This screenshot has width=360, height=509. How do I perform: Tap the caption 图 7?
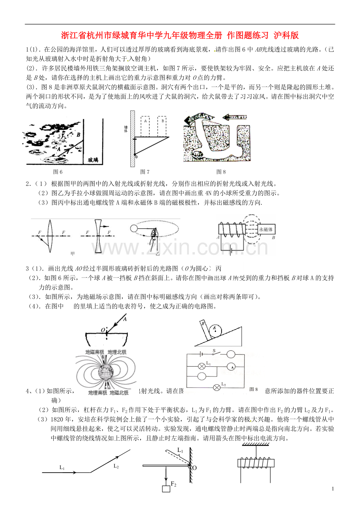click(x=145, y=171)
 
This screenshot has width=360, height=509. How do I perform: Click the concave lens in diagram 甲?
click(x=98, y=236)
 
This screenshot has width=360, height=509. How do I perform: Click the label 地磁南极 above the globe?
click(x=95, y=352)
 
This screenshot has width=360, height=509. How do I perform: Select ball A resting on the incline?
click(x=215, y=331)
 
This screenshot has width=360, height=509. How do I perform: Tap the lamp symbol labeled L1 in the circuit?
click(x=202, y=366)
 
